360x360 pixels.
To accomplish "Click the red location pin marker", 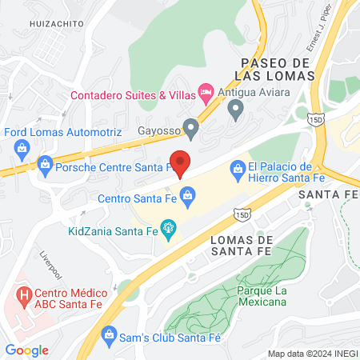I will tap(180, 162).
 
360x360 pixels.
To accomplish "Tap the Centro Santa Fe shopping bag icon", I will tap(187, 194).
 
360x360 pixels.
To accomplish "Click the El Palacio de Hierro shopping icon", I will tap(237, 168).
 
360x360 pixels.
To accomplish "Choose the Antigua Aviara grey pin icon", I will tap(235, 111).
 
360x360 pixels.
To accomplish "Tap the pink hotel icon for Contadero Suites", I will tap(206, 94).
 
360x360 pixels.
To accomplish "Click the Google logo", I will tap(26, 350).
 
